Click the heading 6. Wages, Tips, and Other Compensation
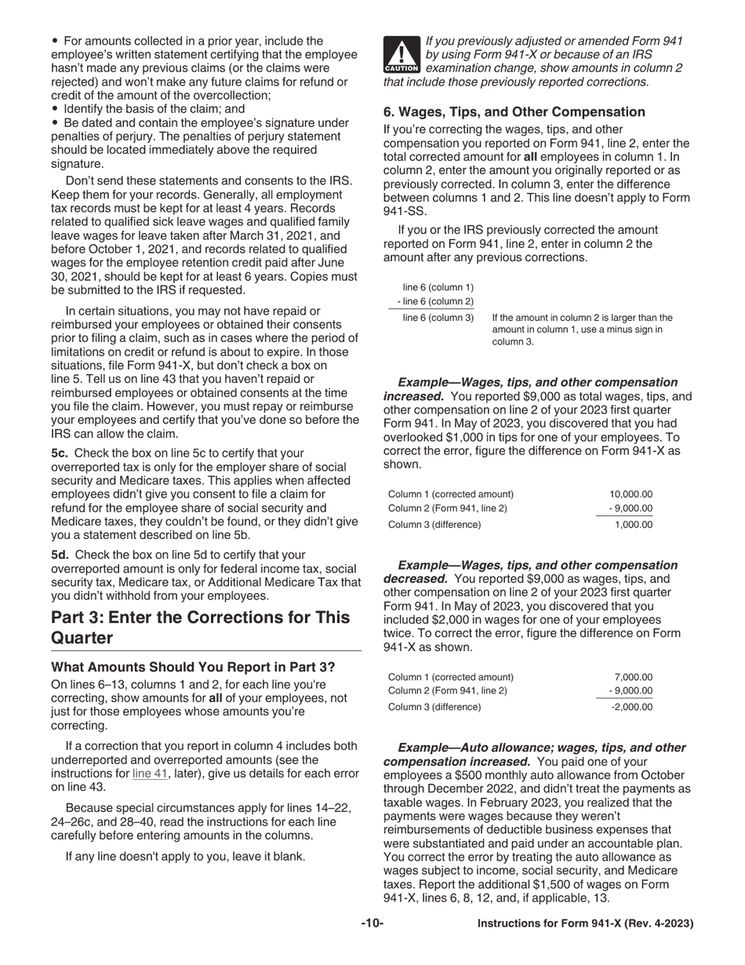click(514, 112)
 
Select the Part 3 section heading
click(200, 627)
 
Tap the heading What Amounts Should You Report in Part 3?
click(193, 668)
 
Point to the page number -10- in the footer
click(372, 924)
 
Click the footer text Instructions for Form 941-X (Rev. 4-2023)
click(585, 924)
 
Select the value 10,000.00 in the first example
click(631, 494)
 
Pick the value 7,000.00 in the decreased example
click(634, 677)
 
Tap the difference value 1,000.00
click(633, 524)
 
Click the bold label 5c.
click(60, 453)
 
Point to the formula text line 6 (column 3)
click(438, 318)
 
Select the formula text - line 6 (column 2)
click(435, 301)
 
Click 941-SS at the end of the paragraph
click(404, 211)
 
